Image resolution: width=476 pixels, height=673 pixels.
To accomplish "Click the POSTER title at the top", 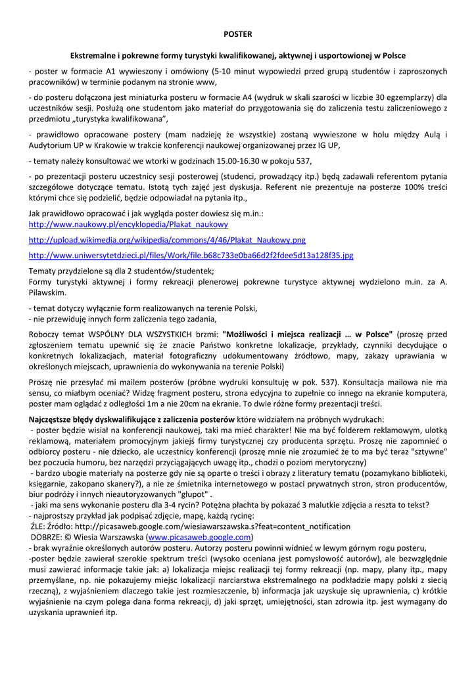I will (237, 34).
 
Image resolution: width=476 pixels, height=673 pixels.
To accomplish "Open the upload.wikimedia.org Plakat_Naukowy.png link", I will (167, 240).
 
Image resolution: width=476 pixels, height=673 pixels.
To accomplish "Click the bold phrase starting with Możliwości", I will (308, 334).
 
